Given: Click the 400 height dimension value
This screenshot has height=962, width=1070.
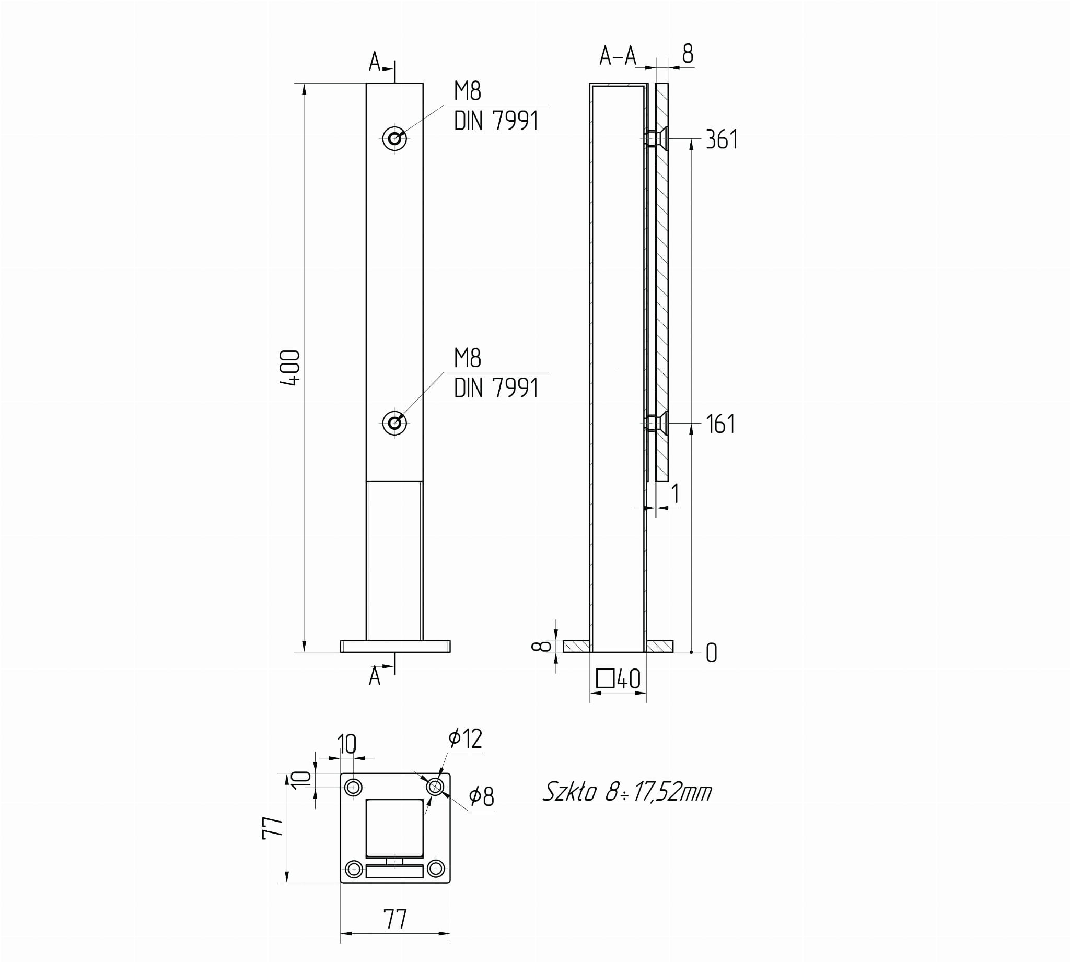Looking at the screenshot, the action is click(291, 367).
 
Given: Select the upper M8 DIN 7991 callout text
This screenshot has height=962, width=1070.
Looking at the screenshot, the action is click(496, 106).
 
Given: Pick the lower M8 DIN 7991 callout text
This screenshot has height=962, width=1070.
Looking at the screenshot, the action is click(496, 373).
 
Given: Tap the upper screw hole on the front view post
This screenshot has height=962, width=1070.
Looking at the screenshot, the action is click(394, 138).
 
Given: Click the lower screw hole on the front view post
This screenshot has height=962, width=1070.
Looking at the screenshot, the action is click(394, 423).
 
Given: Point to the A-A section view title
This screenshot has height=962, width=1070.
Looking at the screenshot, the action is click(618, 55).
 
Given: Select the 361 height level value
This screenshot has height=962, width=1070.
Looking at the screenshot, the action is click(722, 139).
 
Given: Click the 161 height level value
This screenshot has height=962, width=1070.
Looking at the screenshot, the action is click(720, 424).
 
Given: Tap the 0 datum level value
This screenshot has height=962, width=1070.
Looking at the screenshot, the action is click(712, 653).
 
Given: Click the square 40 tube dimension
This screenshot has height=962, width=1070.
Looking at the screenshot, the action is click(619, 679).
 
